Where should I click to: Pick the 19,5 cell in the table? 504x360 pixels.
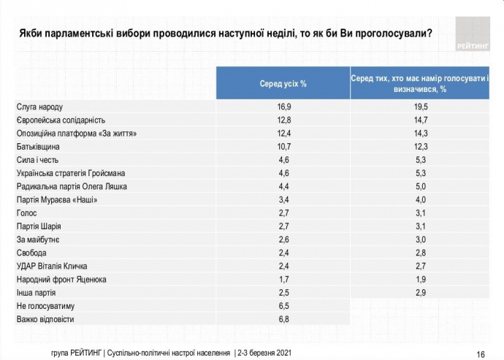point(418,107)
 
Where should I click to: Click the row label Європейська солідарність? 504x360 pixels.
point(61,120)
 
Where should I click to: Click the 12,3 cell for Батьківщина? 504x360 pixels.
point(418,147)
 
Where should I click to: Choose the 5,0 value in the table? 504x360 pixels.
point(418,187)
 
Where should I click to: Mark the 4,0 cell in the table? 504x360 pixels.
point(418,200)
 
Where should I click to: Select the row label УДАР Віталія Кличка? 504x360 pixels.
point(56,266)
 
